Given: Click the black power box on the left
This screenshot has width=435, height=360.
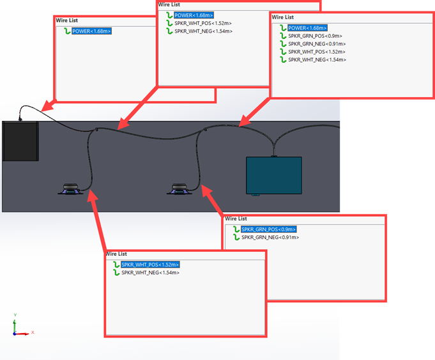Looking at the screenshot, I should pos(20,141).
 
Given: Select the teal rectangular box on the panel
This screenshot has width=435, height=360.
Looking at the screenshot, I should pos(274,175).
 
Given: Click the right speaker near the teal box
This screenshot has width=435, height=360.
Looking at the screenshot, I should pos(179,189).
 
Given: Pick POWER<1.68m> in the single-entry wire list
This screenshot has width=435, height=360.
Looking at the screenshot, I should pos(91,31).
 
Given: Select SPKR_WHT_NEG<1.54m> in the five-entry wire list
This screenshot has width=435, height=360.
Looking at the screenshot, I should pos(317,59).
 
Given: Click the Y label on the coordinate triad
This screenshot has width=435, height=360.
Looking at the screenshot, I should pos(15,315).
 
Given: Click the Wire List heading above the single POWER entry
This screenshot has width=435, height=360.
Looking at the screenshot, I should pos(67,20).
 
